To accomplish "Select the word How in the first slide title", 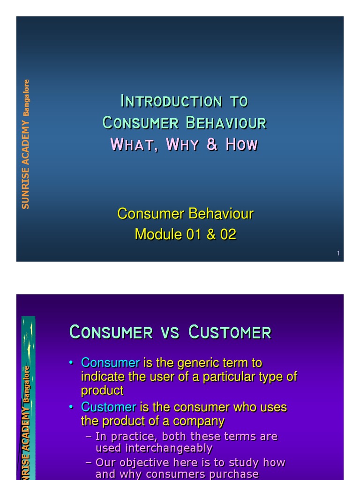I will point(241,144).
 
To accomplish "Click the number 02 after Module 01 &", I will point(228,234).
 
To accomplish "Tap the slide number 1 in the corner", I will point(338,254).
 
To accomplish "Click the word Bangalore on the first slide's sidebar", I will point(26,98).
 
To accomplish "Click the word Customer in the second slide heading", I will point(230,332).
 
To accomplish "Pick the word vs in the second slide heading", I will point(170,332).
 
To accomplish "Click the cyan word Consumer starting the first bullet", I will point(110,363).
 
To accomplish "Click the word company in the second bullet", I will point(199,421).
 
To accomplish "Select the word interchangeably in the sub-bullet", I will point(154,448).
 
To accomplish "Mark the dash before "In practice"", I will point(89,436).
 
